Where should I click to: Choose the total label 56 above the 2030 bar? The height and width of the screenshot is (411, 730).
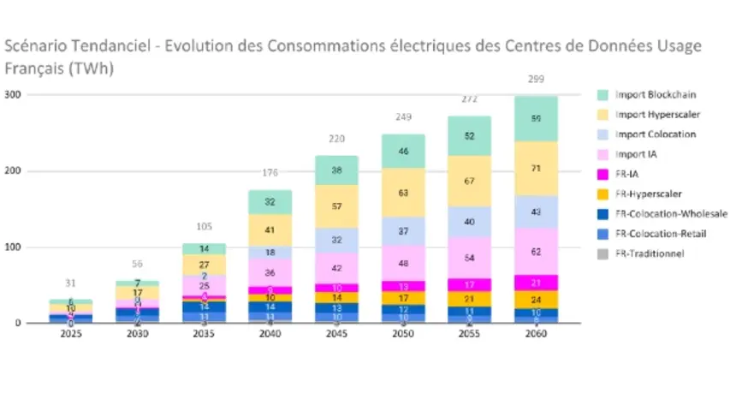[136, 265]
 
